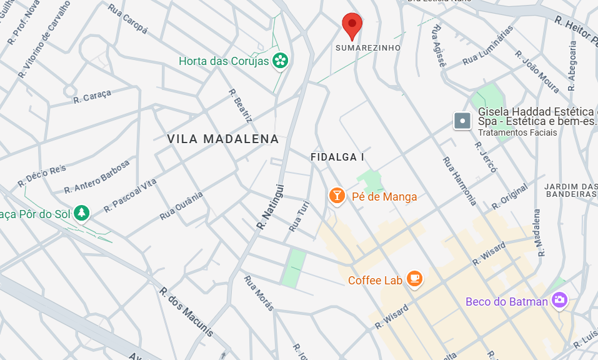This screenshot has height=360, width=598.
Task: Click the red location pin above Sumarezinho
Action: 352,26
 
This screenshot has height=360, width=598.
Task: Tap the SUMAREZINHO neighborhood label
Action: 368,47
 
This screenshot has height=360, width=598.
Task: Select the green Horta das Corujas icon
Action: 281,61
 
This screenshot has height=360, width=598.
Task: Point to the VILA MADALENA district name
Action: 223,139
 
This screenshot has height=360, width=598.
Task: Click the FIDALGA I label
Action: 337,157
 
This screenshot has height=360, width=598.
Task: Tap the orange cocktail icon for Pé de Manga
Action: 337,196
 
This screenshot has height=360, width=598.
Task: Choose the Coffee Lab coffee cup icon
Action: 414,279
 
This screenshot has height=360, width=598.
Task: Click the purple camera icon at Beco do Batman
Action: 559,301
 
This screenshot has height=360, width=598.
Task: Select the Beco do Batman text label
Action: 506,302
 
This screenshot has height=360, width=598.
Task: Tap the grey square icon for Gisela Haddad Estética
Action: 462,120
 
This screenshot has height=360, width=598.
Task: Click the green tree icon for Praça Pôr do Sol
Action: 82,213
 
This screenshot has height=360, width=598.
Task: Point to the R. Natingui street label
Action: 271,206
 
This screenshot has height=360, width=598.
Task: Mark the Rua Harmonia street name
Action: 460,181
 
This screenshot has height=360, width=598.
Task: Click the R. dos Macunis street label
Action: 186,312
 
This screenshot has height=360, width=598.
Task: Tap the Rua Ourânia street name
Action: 182,206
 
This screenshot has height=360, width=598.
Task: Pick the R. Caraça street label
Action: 92,96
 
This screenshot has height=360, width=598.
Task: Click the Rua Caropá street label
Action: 127,19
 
